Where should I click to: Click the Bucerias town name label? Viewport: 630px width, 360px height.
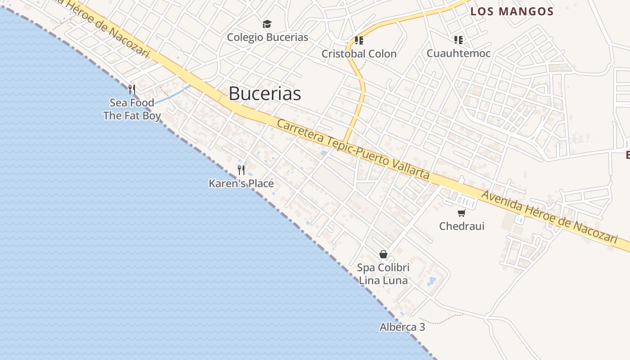click(x=265, y=94)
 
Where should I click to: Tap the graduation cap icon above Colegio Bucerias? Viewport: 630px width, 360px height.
click(x=267, y=24)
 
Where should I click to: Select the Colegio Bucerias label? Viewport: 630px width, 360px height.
click(x=267, y=37)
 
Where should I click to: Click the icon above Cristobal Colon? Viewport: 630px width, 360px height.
click(x=359, y=40)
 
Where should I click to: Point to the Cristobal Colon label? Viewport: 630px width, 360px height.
click(x=359, y=54)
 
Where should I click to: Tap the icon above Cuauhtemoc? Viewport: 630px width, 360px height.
click(x=459, y=40)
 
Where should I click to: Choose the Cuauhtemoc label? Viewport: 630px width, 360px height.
click(x=458, y=54)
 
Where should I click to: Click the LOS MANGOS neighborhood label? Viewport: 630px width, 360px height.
click(x=512, y=12)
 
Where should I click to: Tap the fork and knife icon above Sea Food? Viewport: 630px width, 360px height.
click(x=132, y=89)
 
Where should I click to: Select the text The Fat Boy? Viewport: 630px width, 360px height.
click(x=132, y=116)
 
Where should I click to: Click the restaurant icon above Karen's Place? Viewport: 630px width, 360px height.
click(x=241, y=170)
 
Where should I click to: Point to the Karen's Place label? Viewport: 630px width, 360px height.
click(x=241, y=184)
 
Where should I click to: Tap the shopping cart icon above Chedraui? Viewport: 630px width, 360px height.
click(x=461, y=213)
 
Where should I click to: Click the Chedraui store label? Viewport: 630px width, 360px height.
click(x=462, y=226)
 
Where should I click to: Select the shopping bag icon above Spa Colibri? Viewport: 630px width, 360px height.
click(x=383, y=254)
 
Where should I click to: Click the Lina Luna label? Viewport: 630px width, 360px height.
click(x=383, y=281)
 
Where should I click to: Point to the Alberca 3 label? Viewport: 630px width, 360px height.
click(x=402, y=327)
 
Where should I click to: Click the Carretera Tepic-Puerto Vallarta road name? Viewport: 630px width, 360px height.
click(x=353, y=149)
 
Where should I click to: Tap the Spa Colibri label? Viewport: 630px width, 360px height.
click(x=383, y=268)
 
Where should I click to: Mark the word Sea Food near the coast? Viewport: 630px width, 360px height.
click(x=132, y=103)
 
